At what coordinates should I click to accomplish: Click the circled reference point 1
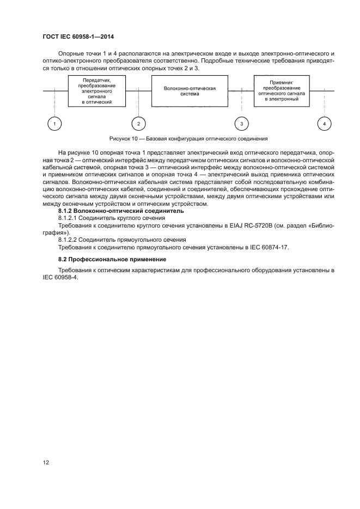[x=54, y=124]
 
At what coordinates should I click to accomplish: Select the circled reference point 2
[x=139, y=124]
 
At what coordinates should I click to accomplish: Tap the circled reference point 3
[x=242, y=124]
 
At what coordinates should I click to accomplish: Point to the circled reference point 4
[x=325, y=124]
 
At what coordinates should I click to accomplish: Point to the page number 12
[x=46, y=462]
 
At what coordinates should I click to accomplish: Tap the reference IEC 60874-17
[x=269, y=247]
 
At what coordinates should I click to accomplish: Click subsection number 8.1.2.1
[x=69, y=217]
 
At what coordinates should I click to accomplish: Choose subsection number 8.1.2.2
[x=69, y=240]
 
